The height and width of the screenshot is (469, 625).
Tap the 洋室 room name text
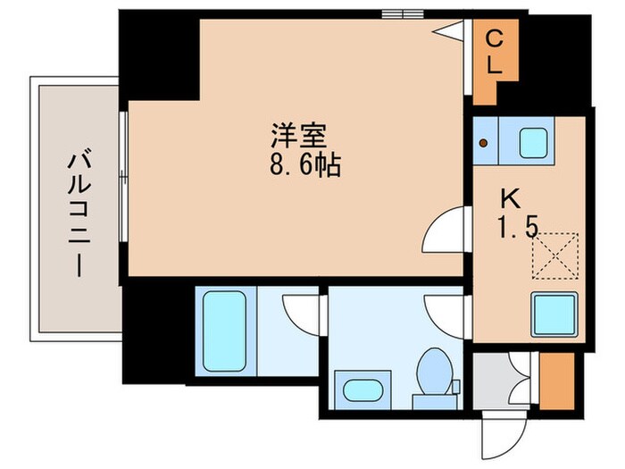[299, 136]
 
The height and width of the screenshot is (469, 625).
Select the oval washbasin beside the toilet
[362, 390]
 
